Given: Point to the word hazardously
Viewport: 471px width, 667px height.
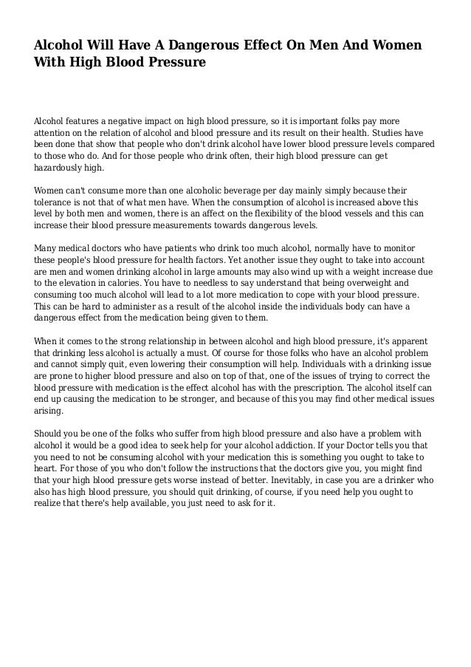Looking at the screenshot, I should (59, 168).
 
